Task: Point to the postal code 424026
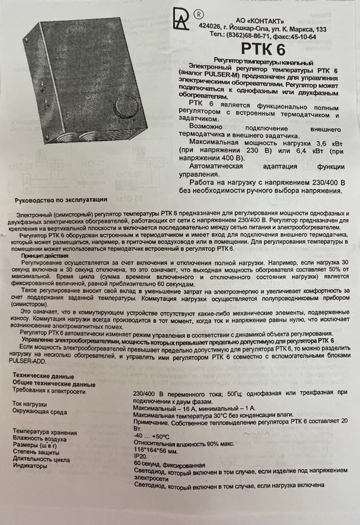coord(232,28)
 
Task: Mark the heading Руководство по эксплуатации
coord(61,200)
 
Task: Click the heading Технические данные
coord(39,377)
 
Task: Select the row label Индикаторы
coord(30,466)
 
